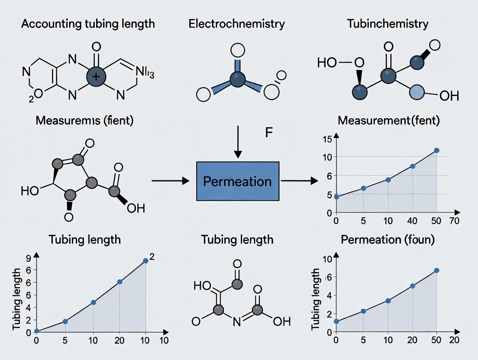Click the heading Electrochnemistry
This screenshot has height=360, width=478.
[x=236, y=24]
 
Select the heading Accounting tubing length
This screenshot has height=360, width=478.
[x=88, y=24]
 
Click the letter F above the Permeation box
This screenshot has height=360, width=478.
[x=268, y=133]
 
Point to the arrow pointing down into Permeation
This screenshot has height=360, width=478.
[x=237, y=142]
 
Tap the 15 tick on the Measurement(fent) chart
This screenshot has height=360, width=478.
[x=326, y=139]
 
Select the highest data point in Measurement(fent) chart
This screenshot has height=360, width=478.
[x=436, y=150]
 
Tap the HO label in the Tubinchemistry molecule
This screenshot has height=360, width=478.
[x=327, y=62]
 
